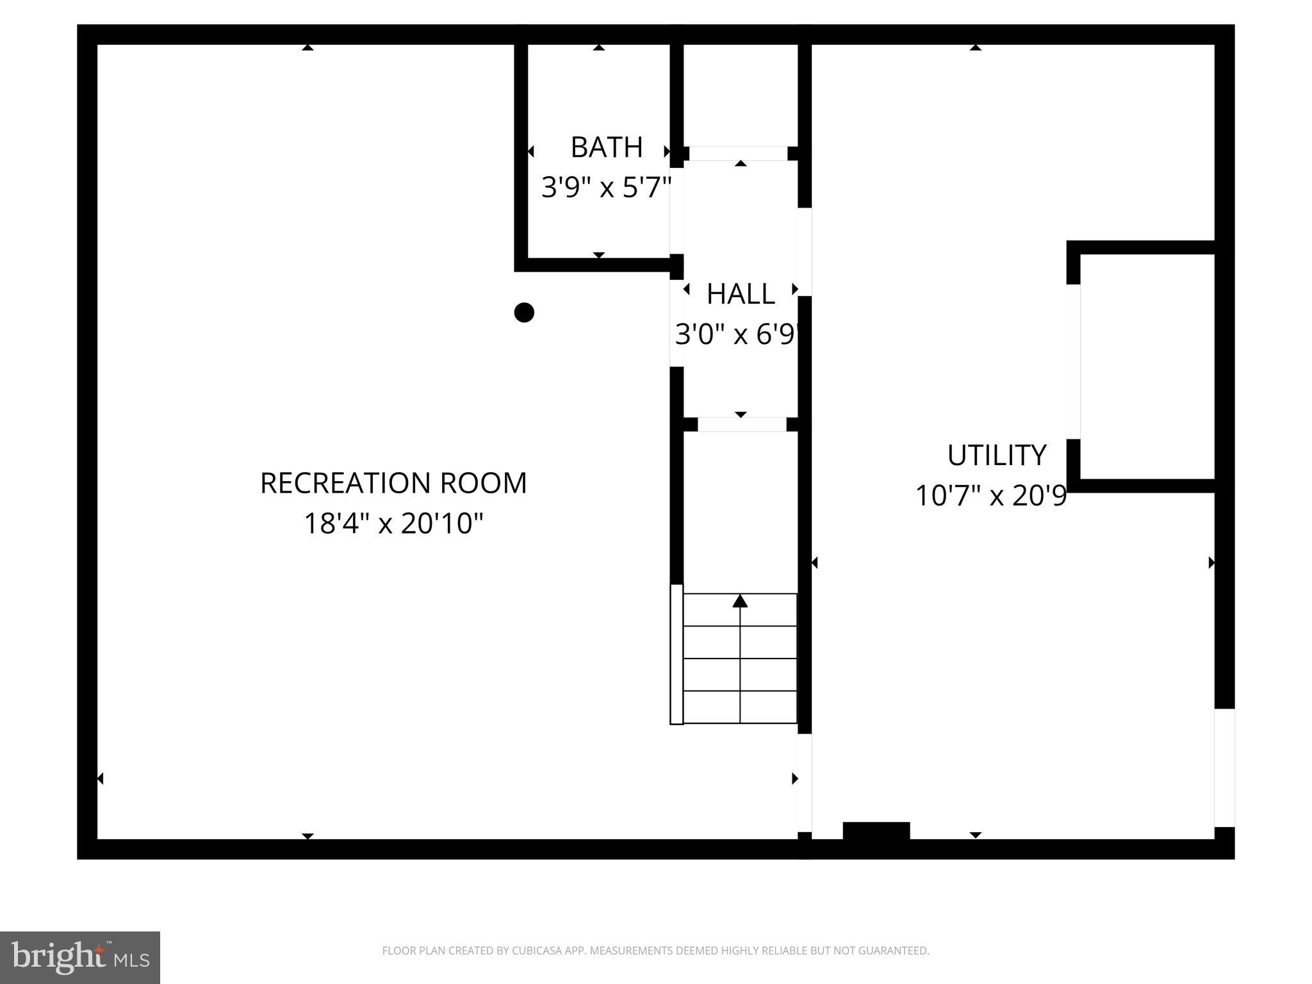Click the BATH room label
[x=606, y=147]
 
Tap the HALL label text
[x=741, y=294]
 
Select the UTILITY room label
[x=996, y=455]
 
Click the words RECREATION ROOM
[x=393, y=483]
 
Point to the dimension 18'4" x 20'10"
[x=393, y=523]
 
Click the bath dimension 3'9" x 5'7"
[x=606, y=188]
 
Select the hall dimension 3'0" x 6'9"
[x=737, y=334]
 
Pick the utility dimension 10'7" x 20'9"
[x=990, y=496]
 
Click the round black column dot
[x=524, y=313]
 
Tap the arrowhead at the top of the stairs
[x=740, y=601]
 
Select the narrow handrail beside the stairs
[x=676, y=654]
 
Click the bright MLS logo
[x=80, y=957]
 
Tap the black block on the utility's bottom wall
[x=876, y=830]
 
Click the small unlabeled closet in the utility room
[x=1147, y=366]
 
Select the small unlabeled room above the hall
[x=740, y=95]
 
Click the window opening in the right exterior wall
[x=1224, y=767]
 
